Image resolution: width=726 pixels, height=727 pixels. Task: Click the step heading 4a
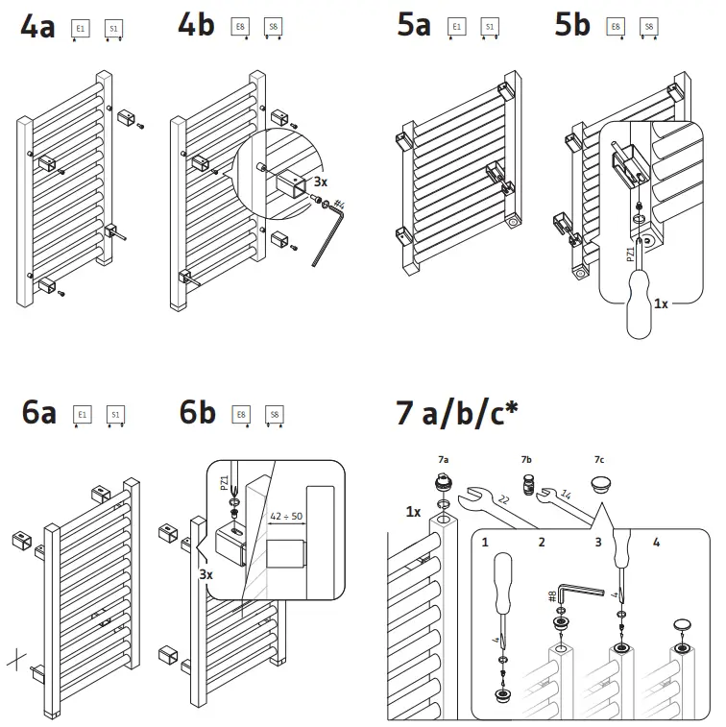tap(38, 27)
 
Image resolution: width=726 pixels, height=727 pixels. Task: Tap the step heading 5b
tap(572, 27)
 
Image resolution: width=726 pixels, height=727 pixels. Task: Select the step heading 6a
tap(38, 413)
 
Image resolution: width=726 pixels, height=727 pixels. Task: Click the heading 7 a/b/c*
tap(457, 413)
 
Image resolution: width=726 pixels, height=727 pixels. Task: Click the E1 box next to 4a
tap(82, 30)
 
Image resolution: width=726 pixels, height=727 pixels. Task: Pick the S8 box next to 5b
tap(649, 28)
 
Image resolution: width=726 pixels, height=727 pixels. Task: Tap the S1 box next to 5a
tap(490, 28)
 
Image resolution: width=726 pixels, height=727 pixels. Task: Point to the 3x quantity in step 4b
tap(321, 181)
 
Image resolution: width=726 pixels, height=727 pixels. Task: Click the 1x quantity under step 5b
tap(660, 303)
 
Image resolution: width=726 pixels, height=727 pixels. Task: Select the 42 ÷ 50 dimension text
tap(285, 516)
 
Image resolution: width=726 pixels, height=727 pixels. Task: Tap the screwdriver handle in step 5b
tap(639, 308)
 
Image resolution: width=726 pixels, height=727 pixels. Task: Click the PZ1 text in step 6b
tap(225, 481)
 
